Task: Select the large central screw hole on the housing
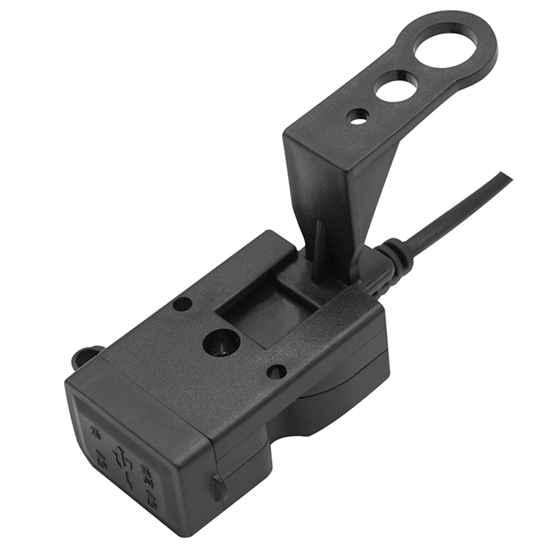[219, 346]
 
